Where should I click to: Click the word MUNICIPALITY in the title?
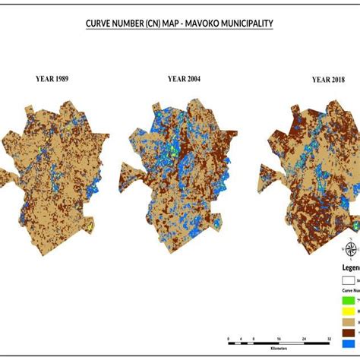[241, 24]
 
